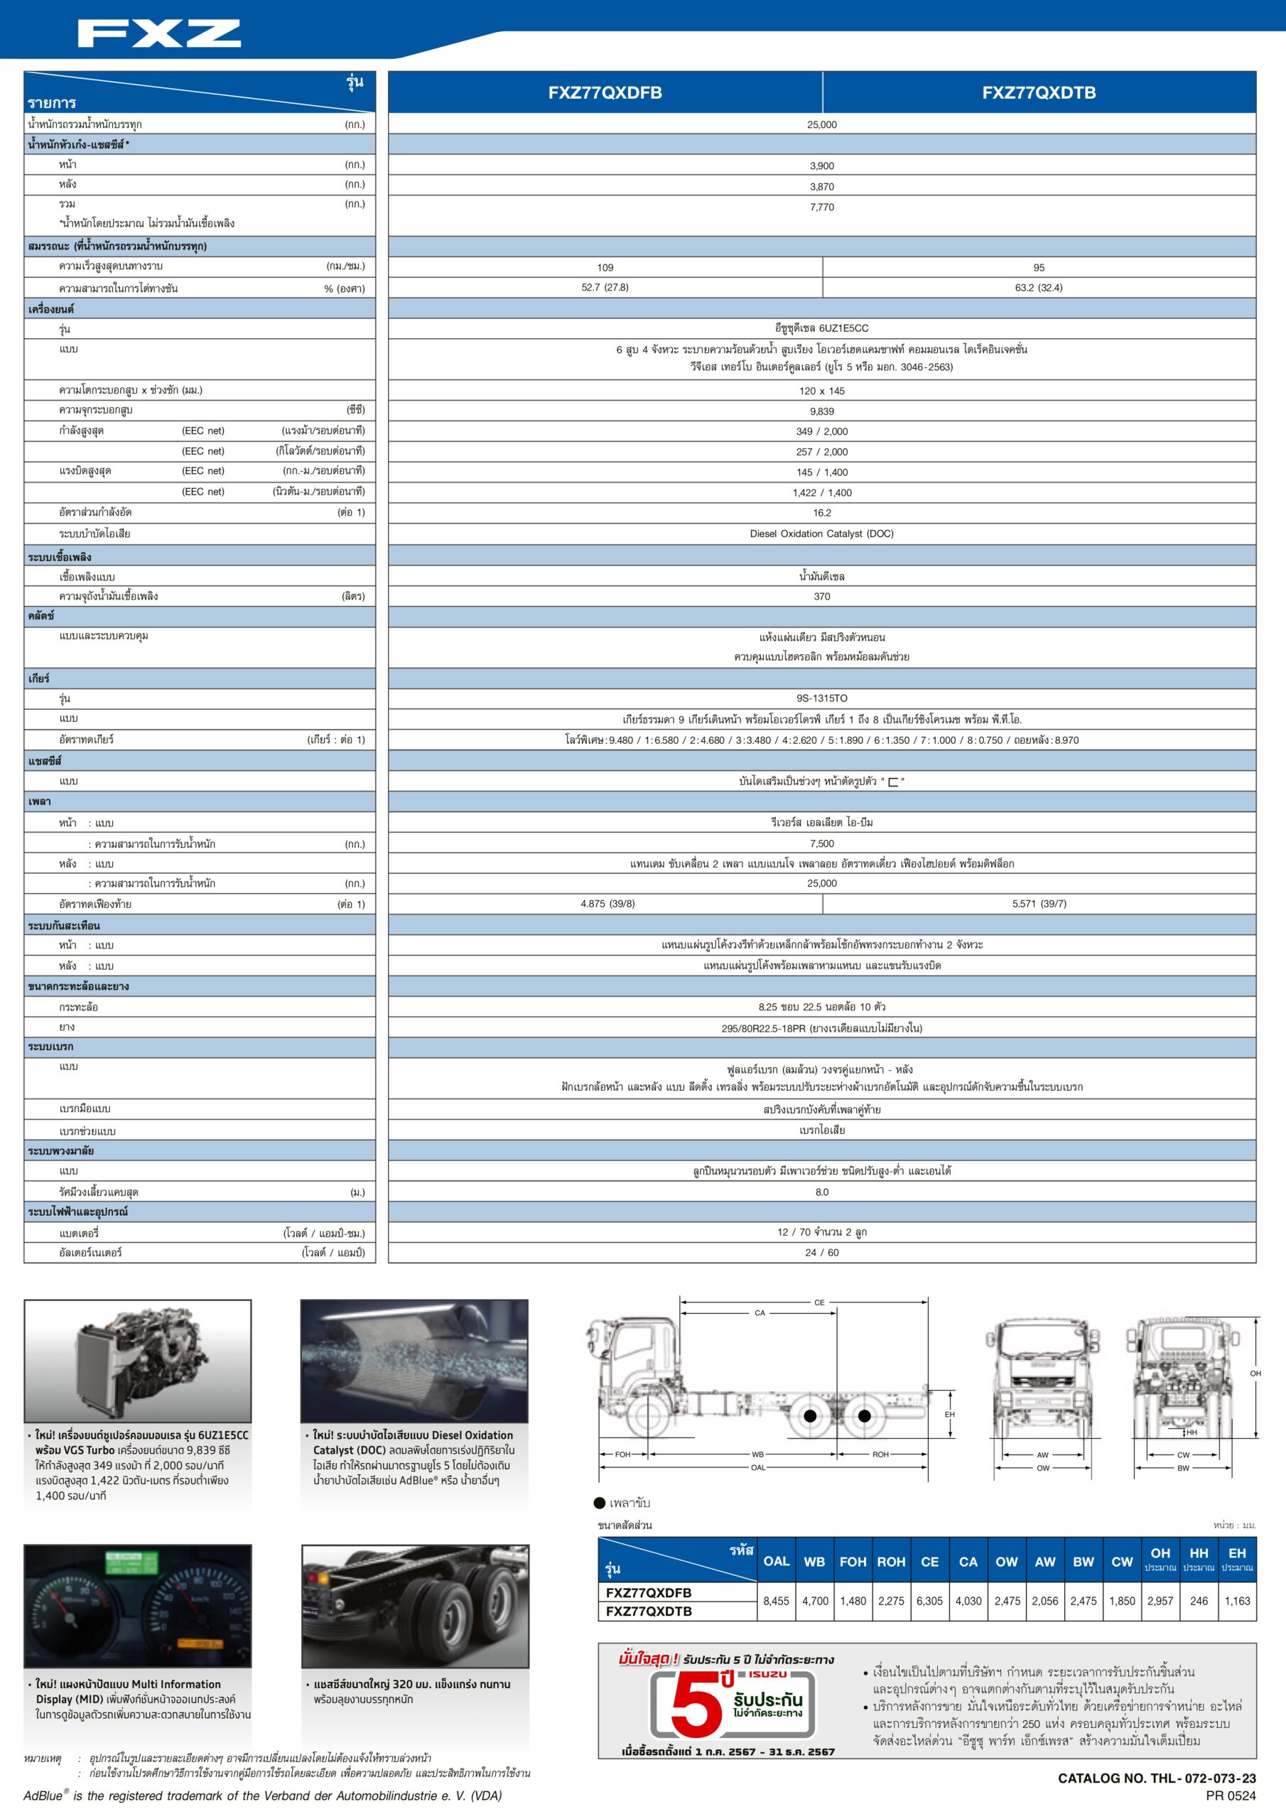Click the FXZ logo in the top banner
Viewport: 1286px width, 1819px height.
click(159, 34)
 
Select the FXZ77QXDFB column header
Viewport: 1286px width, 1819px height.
click(605, 92)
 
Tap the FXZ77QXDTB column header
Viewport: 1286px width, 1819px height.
click(1038, 92)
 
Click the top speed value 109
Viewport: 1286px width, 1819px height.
click(605, 268)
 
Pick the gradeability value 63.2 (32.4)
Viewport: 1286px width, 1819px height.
click(1038, 288)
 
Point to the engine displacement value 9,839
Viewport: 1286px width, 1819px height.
click(821, 411)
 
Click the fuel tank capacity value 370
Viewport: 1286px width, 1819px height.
click(821, 597)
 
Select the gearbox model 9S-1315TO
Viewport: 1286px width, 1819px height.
click(821, 698)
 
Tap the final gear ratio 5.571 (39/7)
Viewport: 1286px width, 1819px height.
click(1038, 903)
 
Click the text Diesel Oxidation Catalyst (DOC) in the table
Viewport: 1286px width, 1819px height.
click(821, 533)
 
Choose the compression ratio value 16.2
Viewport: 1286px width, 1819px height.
click(821, 512)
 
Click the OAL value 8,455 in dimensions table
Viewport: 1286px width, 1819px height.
click(776, 1600)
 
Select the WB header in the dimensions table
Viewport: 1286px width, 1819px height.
click(814, 1562)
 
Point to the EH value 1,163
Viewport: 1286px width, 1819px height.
click(1237, 1600)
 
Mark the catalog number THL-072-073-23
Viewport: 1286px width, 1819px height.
click(1156, 1778)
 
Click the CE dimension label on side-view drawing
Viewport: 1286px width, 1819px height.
click(819, 1302)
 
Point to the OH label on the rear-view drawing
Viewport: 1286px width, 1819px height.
click(1255, 1373)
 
